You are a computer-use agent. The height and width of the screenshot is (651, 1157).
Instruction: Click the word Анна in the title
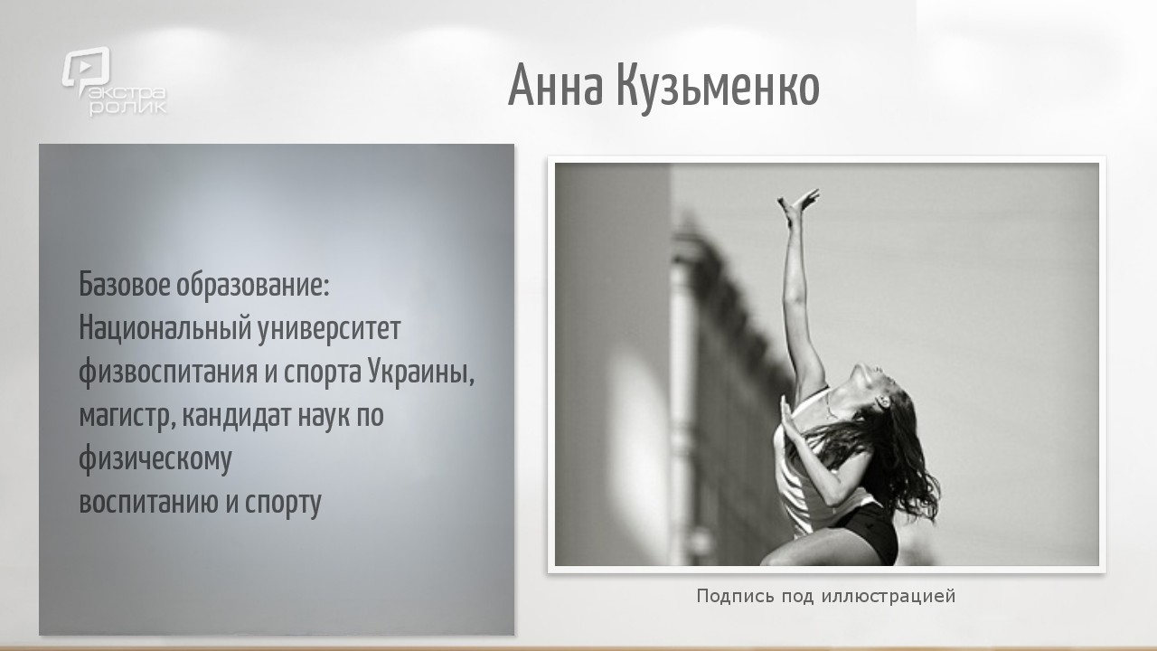click(555, 85)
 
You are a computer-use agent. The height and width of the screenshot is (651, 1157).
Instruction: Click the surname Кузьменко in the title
click(718, 88)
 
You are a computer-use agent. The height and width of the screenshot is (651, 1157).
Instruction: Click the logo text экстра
click(123, 93)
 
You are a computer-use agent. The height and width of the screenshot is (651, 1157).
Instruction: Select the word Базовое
click(125, 284)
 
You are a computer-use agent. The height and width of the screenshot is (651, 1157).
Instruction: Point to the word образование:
click(253, 285)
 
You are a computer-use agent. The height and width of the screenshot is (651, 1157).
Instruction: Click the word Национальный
click(165, 328)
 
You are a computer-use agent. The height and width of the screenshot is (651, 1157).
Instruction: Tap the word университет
click(329, 330)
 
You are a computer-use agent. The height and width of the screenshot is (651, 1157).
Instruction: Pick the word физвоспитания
click(168, 373)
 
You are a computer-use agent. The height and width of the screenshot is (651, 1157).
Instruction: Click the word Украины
click(421, 372)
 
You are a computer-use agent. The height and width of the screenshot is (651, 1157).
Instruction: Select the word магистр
click(127, 417)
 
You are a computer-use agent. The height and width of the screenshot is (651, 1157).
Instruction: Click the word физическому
click(155, 459)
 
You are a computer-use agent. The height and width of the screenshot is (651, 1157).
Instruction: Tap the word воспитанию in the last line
click(149, 502)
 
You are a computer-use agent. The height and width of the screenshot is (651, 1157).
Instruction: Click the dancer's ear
click(882, 401)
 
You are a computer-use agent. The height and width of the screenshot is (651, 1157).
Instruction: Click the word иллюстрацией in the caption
click(889, 596)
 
